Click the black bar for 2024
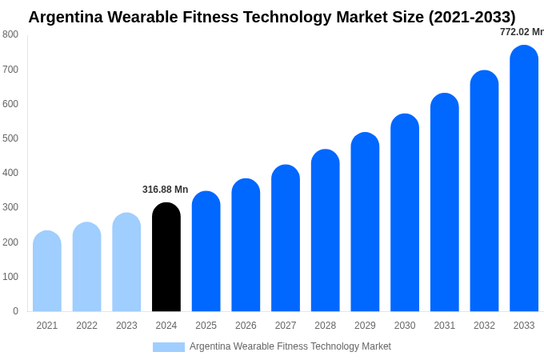[x=166, y=257]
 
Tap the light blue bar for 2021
[x=47, y=271]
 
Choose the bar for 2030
[x=405, y=213]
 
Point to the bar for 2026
[x=246, y=245]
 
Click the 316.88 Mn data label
[x=166, y=190]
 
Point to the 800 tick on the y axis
[x=10, y=34]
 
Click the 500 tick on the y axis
[x=10, y=138]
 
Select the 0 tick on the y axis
[x=15, y=311]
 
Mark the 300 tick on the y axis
[x=10, y=207]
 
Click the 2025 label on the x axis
[x=206, y=326]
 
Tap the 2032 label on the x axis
[x=484, y=326]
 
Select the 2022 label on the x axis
[x=87, y=326]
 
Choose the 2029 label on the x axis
[x=365, y=326]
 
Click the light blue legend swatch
[x=169, y=346]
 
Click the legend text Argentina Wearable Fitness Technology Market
[x=290, y=346]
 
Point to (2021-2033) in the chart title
[x=472, y=17]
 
